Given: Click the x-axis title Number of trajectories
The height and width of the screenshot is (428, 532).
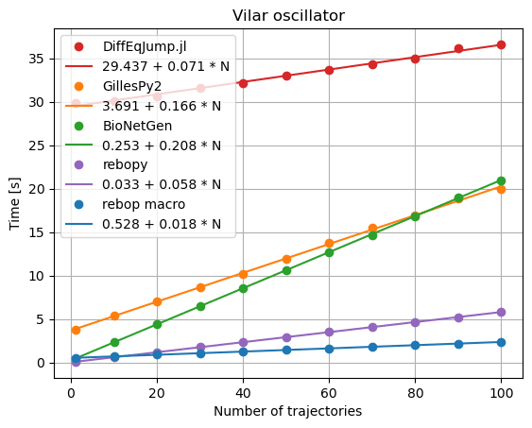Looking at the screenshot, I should point(288,411).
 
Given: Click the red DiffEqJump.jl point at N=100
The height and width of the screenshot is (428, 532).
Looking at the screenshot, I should point(501,44).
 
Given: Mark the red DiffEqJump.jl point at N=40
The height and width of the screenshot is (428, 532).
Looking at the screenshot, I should point(243,82).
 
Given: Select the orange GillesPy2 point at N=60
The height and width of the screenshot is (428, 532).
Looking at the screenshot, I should point(329,244).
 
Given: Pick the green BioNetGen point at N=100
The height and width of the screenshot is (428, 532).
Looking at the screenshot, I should point(501,180).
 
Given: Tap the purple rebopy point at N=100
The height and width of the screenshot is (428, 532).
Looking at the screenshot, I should point(501,312).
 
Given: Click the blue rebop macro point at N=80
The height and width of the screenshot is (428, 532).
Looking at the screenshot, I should point(415,345).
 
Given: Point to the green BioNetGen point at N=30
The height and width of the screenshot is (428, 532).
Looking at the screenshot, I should point(200,306).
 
